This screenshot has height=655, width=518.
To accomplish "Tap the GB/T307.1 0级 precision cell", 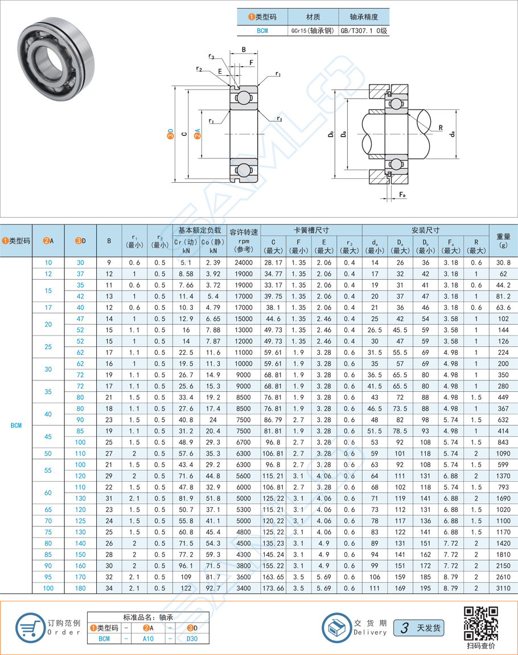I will click(x=364, y=31).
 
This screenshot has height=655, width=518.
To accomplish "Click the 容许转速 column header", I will click(x=244, y=232).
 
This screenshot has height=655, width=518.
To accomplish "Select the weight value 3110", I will click(x=503, y=587).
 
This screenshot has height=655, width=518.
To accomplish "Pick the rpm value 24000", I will click(x=244, y=263).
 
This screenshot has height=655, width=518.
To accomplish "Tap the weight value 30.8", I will click(x=503, y=263).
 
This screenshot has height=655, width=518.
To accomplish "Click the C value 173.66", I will click(x=274, y=587).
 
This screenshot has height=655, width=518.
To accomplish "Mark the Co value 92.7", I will click(x=213, y=587).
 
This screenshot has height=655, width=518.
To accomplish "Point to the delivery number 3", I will click(x=405, y=628).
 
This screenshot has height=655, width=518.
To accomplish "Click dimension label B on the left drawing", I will click(x=244, y=50).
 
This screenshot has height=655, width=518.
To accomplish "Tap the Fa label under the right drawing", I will click(x=402, y=195).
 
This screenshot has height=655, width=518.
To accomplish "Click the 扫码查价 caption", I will click(x=481, y=645).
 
